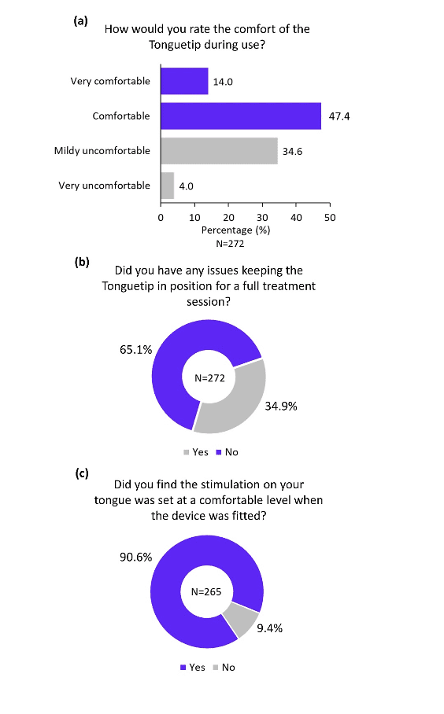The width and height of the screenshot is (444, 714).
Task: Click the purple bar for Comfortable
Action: click(x=241, y=116)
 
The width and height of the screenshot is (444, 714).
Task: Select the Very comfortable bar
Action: click(x=185, y=81)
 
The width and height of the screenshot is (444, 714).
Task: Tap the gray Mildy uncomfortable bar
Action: click(x=220, y=151)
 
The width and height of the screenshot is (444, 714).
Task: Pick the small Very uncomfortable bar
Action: click(x=168, y=186)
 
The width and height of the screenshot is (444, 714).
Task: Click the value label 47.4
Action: click(x=339, y=116)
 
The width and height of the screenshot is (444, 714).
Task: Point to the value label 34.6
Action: click(x=292, y=152)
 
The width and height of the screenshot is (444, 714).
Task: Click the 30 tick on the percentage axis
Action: click(x=262, y=218)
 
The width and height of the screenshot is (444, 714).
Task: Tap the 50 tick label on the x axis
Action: click(x=330, y=218)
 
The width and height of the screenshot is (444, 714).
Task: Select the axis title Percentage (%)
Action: click(x=235, y=230)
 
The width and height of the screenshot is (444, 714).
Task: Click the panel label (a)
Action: click(x=80, y=21)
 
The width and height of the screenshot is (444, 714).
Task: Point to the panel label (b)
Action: click(x=82, y=263)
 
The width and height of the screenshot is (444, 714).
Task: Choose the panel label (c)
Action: click(x=82, y=473)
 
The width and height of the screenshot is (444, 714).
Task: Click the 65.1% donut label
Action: click(x=136, y=350)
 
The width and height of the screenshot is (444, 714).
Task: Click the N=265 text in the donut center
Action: click(x=206, y=592)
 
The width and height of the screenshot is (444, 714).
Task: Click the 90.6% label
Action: click(x=136, y=558)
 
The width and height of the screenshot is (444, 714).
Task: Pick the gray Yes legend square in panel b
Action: click(x=186, y=452)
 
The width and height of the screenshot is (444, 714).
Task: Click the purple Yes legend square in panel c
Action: click(x=183, y=668)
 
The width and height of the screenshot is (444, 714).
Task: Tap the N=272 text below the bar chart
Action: click(x=230, y=244)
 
